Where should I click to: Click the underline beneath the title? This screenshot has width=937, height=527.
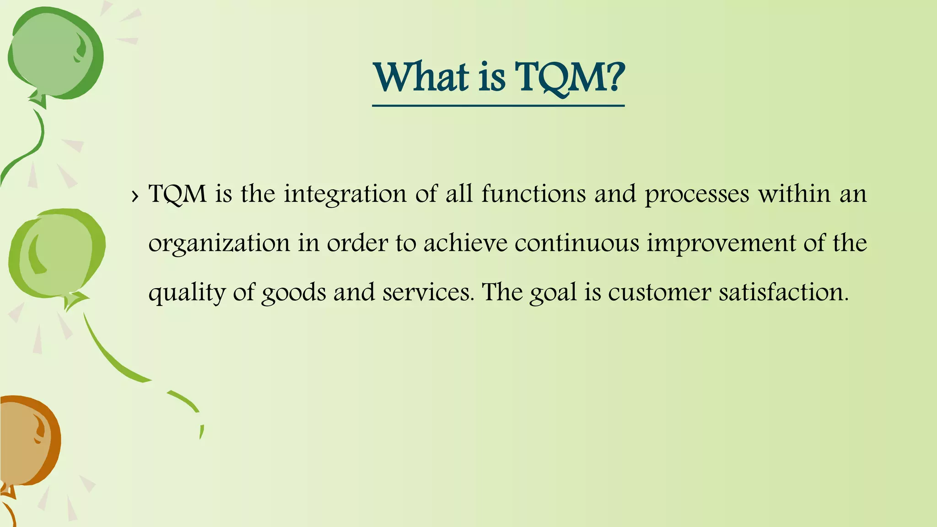click(498, 106)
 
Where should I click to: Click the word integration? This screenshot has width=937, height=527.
click(345, 194)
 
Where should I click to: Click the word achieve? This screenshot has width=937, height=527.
click(465, 242)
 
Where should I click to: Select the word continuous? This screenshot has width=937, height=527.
click(576, 242)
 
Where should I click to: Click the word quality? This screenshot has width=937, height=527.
click(187, 293)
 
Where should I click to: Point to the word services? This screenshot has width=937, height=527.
click(428, 292)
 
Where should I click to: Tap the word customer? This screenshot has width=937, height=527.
click(659, 292)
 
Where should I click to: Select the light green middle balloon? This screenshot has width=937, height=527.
click(55, 254)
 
